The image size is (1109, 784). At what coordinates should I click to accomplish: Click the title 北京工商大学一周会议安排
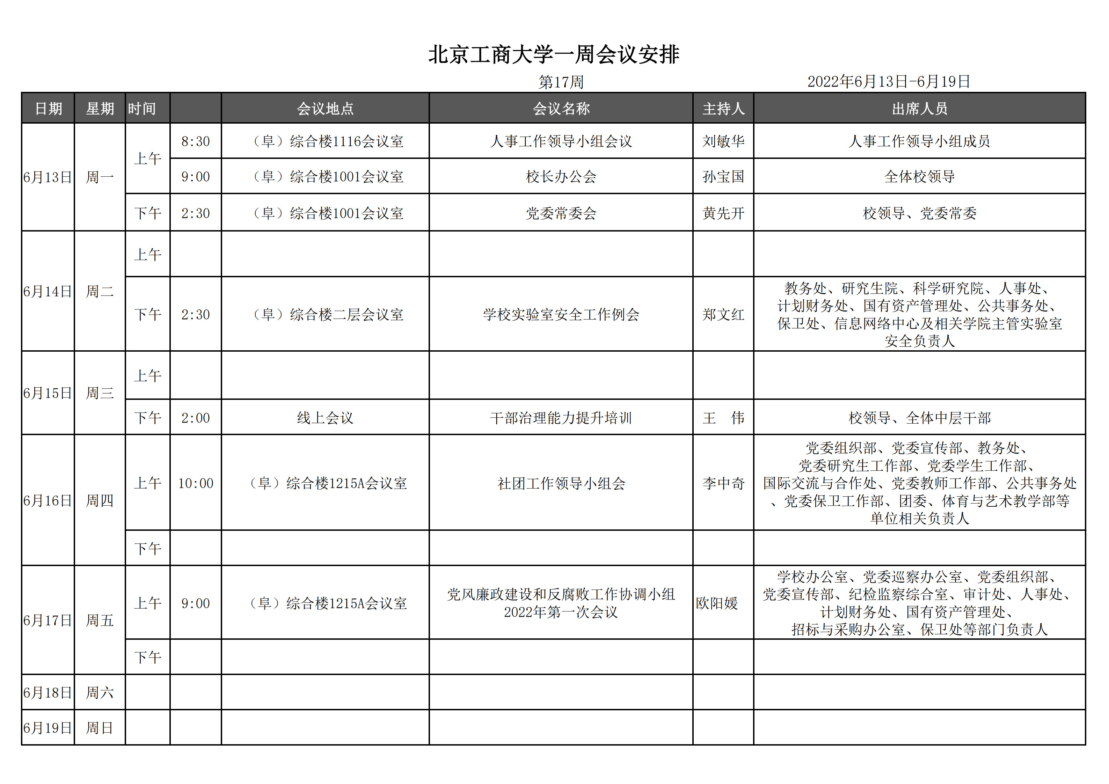(x=554, y=54)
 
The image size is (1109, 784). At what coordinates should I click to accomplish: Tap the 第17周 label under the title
(x=561, y=82)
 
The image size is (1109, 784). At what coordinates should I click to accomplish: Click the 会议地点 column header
(x=325, y=109)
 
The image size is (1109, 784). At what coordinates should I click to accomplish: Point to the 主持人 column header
(x=723, y=109)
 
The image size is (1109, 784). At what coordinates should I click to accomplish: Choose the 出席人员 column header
(x=919, y=109)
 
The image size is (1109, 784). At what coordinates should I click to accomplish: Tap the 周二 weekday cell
(x=100, y=291)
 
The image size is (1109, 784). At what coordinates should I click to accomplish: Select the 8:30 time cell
(x=196, y=141)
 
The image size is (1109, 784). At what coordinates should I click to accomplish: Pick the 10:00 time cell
(x=196, y=483)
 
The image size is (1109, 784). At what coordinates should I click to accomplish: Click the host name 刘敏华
(x=723, y=141)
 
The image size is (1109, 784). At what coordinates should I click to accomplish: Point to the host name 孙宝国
(x=723, y=177)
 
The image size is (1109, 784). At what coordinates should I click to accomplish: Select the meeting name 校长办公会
(x=561, y=177)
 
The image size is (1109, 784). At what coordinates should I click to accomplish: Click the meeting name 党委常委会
(x=561, y=213)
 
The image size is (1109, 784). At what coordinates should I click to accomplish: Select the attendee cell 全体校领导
(x=919, y=177)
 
